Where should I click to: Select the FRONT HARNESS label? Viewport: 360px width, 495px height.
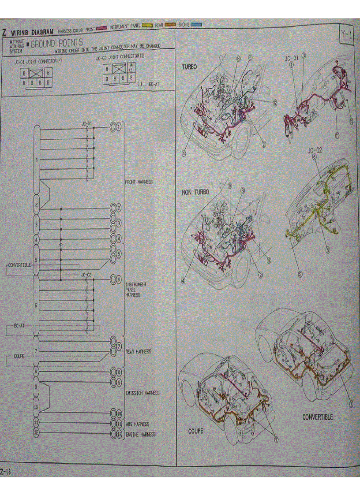pos(139,182)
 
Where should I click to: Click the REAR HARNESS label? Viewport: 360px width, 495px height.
pos(138,352)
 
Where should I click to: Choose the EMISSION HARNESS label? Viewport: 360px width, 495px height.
pos(142,393)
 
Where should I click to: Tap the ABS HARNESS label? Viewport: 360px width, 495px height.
pos(137,424)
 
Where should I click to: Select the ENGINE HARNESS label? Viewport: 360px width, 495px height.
pos(141,434)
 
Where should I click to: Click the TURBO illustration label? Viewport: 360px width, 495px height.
pos(189,67)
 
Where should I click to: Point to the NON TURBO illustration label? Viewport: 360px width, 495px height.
pos(195,193)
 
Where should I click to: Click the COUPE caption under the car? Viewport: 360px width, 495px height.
pos(196,431)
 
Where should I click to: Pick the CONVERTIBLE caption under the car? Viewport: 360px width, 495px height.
pos(318,417)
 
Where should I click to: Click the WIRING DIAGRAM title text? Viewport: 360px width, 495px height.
pos(32,32)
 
